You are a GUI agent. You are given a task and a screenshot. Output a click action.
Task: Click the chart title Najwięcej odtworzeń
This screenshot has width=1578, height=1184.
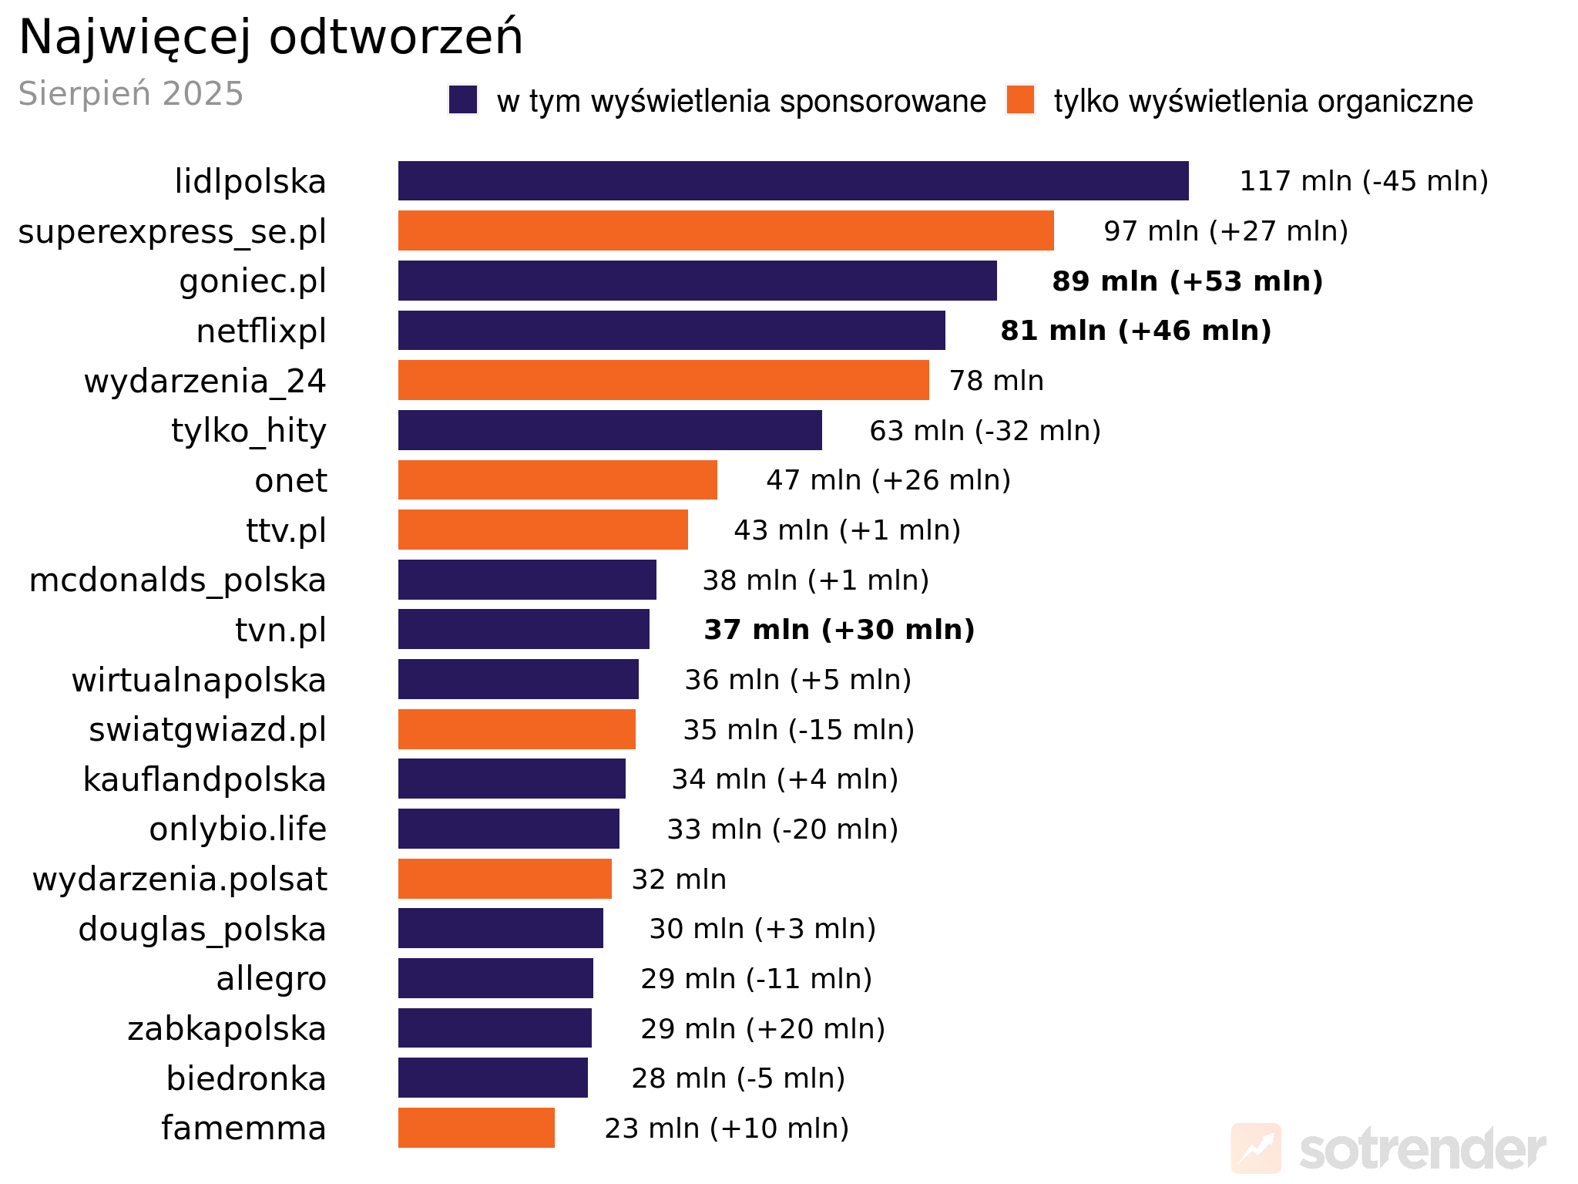(x=270, y=37)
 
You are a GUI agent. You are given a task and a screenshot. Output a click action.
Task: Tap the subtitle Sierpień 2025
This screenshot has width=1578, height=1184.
(x=131, y=94)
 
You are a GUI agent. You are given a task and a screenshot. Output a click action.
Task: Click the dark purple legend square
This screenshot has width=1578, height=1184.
(x=463, y=100)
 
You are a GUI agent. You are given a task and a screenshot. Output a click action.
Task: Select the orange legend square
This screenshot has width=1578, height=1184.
(x=1020, y=100)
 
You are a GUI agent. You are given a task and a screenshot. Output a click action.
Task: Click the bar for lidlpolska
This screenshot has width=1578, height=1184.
(x=793, y=181)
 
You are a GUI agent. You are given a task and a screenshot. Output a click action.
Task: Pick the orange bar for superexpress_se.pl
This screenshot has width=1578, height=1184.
(x=726, y=230)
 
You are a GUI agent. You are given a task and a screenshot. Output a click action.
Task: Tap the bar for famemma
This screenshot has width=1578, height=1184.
(x=476, y=1128)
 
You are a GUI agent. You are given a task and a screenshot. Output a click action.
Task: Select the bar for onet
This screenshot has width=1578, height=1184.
(x=557, y=480)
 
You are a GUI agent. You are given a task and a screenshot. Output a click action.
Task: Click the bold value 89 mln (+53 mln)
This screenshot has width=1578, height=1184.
(x=1187, y=281)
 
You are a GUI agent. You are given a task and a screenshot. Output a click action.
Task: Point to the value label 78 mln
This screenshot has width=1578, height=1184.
(x=996, y=381)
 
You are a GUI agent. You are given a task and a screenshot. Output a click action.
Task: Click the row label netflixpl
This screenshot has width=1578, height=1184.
(x=261, y=331)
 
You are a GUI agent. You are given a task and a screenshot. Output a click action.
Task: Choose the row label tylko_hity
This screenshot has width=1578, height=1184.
(x=249, y=431)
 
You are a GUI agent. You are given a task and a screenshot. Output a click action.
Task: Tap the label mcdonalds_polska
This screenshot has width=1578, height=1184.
(x=177, y=580)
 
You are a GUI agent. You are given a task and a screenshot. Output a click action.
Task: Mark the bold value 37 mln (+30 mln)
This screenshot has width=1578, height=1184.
(x=839, y=630)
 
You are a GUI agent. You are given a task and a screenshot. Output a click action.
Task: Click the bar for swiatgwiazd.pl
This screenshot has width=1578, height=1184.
(x=516, y=729)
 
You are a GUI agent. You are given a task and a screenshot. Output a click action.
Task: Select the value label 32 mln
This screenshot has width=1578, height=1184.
(x=679, y=880)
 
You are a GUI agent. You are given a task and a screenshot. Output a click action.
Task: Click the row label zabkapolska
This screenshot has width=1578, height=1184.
(x=227, y=1029)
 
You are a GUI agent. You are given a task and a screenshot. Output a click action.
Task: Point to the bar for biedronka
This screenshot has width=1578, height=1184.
(x=492, y=1078)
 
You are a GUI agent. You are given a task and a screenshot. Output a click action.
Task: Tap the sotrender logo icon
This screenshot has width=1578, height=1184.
(x=1256, y=1149)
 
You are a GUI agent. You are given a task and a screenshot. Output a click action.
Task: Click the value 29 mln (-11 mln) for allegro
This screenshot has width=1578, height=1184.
(x=756, y=979)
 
